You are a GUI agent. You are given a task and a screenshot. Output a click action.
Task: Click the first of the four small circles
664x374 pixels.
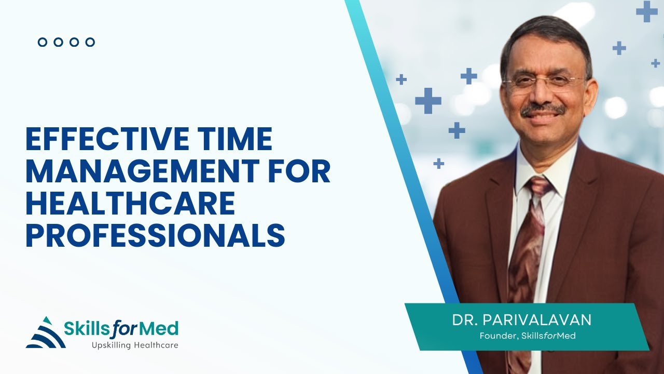pos(43,42)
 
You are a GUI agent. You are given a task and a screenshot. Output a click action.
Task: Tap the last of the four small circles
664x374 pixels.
pos(90,42)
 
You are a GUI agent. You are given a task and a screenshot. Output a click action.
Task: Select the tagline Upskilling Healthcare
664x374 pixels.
pos(135,345)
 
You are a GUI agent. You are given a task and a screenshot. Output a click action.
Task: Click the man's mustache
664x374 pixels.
pos(543,110)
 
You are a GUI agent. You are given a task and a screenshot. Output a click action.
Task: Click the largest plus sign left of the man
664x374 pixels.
pos(428,100)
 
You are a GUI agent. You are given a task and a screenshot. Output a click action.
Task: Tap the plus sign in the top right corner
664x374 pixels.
pos(646,11)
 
